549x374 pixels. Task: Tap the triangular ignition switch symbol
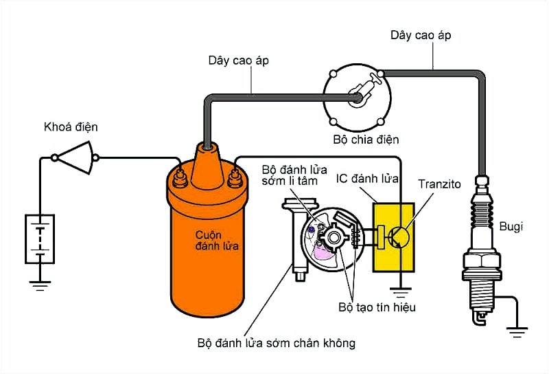(x=75, y=157)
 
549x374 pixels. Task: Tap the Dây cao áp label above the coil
(x=238, y=60)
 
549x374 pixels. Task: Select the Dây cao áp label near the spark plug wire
(x=421, y=34)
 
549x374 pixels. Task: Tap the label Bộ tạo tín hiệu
(x=377, y=307)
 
